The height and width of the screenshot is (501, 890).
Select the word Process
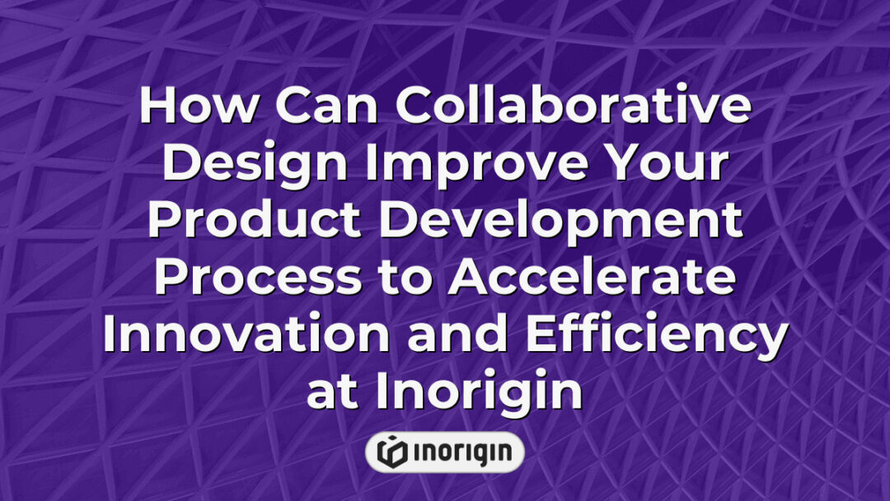click(256, 279)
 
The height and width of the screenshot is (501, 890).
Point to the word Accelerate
click(592, 279)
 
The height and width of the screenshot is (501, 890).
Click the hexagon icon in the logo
click(391, 452)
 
